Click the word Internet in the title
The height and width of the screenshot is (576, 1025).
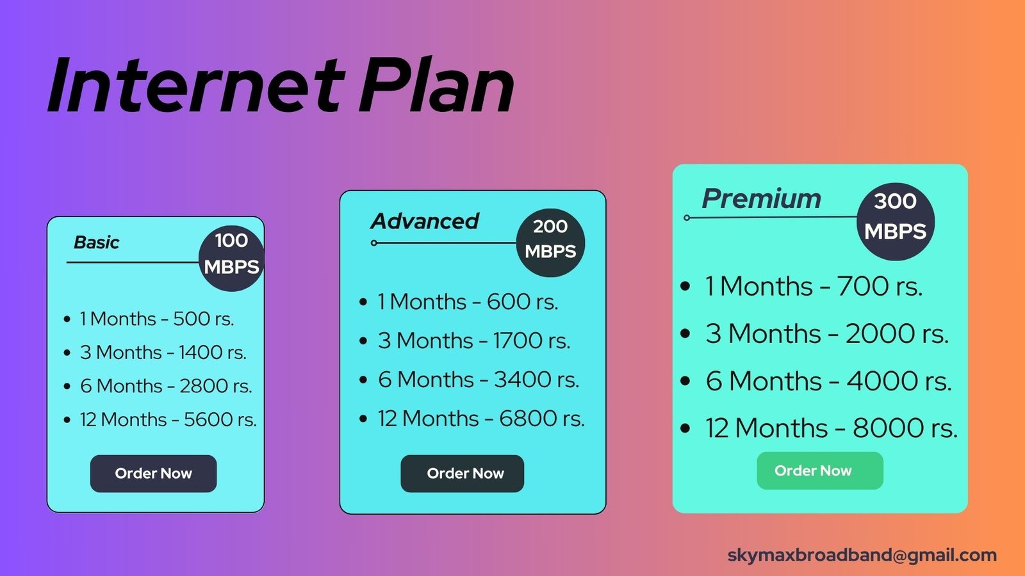pos(196,85)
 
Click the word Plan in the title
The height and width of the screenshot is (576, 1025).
pos(436,85)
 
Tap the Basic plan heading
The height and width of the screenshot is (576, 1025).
pos(97,243)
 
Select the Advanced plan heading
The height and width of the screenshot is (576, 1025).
pos(425,221)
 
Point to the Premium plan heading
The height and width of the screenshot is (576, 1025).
pos(762,198)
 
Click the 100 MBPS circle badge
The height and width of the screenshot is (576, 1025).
pos(231,259)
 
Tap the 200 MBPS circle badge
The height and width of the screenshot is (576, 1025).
pos(550,243)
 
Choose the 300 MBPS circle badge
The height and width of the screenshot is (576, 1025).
pos(896,221)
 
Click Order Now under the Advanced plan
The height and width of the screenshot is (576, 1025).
pos(462,474)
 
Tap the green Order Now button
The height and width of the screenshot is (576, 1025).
pos(820,470)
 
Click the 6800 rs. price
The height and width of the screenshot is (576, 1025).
pos(542,419)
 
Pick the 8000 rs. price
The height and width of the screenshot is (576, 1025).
pos(905,428)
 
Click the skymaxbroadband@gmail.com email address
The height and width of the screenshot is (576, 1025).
pos(862,555)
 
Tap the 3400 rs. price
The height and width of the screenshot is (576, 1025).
pos(536,380)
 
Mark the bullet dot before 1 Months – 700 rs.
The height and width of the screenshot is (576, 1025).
pos(685,287)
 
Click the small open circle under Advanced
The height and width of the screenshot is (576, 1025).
pos(374,243)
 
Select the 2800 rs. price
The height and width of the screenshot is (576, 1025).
pos(215,386)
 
